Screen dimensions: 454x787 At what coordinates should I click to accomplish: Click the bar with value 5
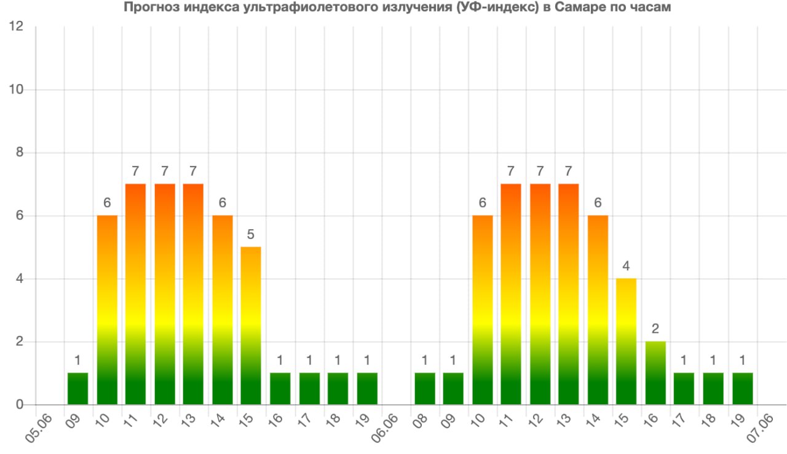pos(251,326)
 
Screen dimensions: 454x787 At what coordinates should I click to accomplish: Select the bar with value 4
pos(627,342)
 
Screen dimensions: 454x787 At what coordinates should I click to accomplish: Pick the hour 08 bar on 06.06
pos(425,389)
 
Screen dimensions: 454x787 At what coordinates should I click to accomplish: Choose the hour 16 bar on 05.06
pos(280,389)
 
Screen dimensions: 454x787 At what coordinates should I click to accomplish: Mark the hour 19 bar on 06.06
pos(743,389)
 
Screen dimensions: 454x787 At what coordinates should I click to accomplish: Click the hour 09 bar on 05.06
pos(78,389)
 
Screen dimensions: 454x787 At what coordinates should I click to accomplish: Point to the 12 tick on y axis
pos(17,26)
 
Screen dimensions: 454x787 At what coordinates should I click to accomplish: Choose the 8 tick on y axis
pos(20,153)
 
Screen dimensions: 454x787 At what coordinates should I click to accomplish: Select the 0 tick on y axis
pos(20,405)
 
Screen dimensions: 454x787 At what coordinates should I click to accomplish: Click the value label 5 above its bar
pos(251,235)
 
